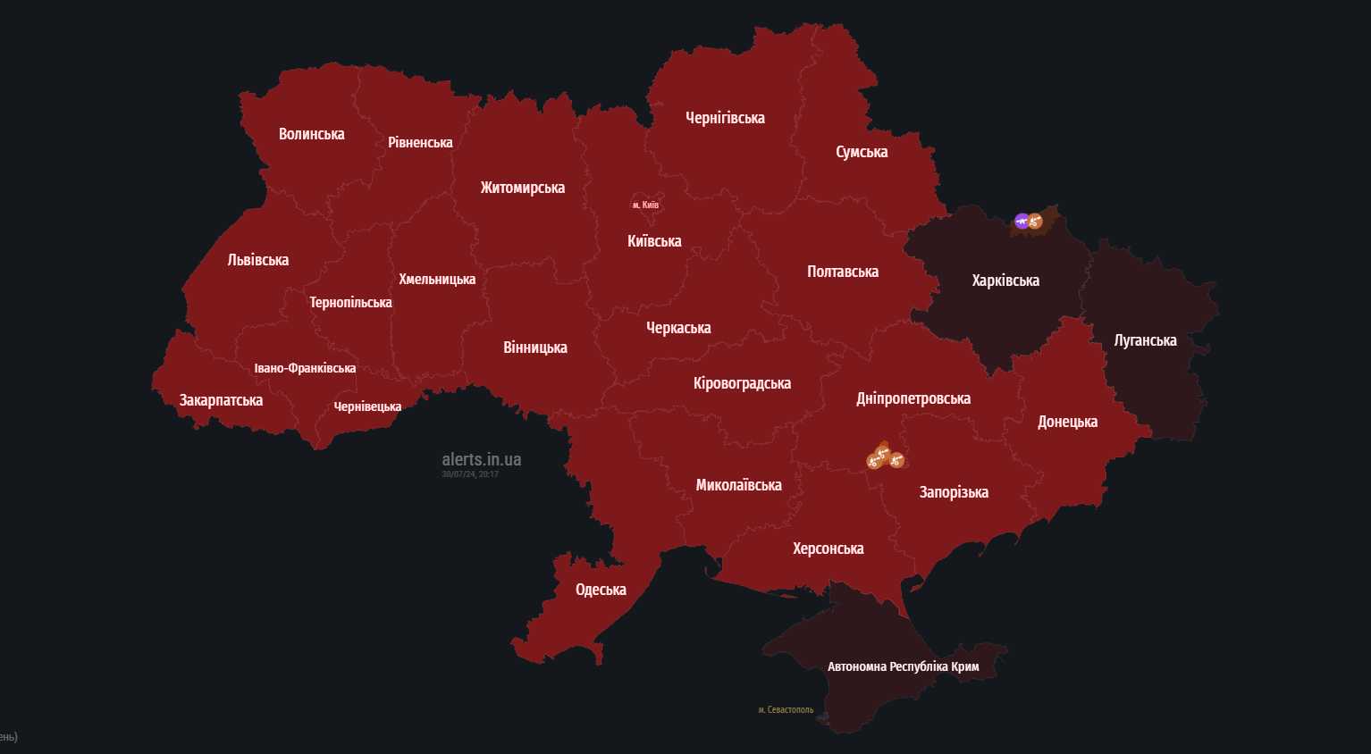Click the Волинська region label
tap(311, 134)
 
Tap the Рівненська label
tap(420, 143)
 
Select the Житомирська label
tap(522, 188)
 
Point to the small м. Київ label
tap(645, 205)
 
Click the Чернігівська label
tap(725, 118)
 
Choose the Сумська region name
tap(862, 152)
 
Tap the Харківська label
tap(1005, 281)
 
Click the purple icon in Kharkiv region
tap(1022, 221)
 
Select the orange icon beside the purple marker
tap(1036, 221)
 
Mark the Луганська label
tap(1145, 340)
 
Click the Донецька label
tap(1067, 422)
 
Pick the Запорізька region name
tap(954, 492)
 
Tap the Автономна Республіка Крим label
tap(903, 666)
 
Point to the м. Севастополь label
tap(786, 710)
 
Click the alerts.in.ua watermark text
tap(481, 459)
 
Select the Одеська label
tap(601, 590)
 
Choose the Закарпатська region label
tap(221, 400)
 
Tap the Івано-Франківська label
tap(305, 368)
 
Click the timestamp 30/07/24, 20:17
tap(469, 474)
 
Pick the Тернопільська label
tap(350, 303)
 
